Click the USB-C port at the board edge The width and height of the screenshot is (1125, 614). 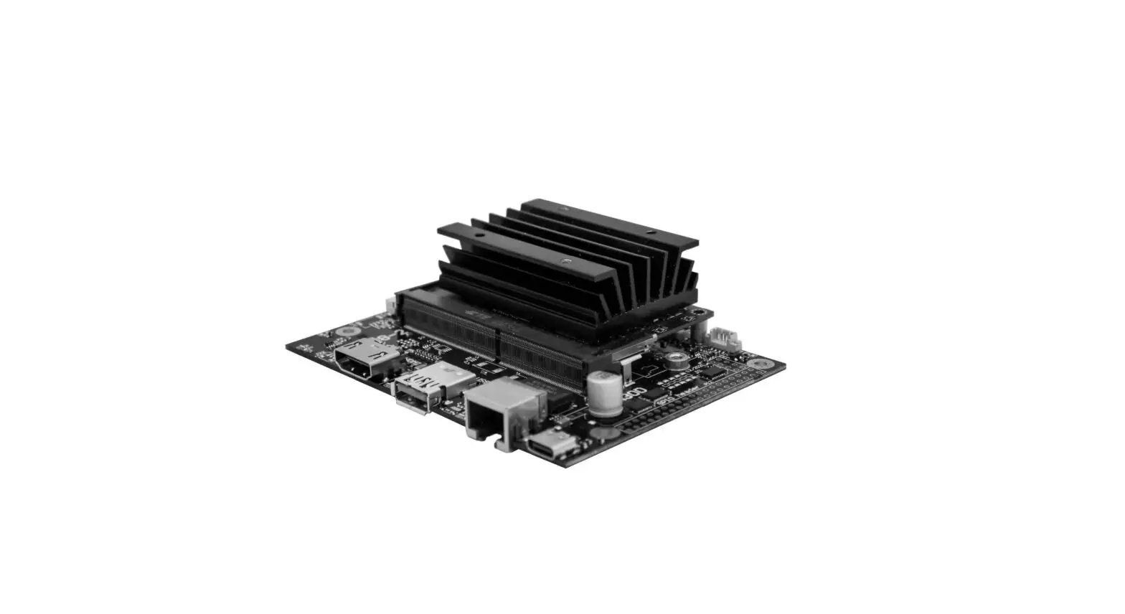(551, 446)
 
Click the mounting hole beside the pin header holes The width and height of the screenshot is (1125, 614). (756, 363)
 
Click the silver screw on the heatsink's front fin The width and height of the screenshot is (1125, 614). (566, 260)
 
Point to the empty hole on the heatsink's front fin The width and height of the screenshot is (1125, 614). (475, 234)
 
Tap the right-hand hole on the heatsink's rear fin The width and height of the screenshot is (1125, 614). (650, 233)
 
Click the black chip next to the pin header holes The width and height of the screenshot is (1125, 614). (710, 374)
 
